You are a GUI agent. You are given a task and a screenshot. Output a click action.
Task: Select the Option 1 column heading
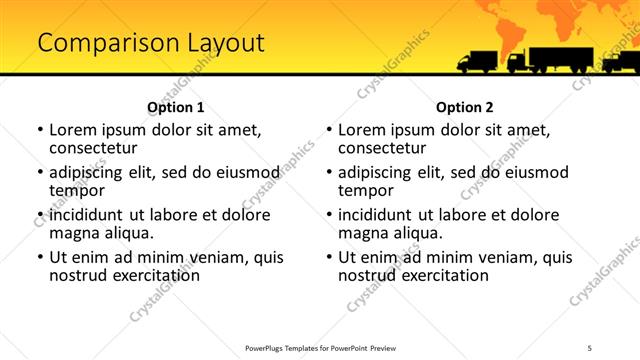pyautogui.click(x=175, y=107)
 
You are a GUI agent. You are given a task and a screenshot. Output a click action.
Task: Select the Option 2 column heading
pyautogui.click(x=464, y=107)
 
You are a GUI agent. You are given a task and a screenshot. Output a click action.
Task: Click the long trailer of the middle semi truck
pyautogui.click(x=562, y=58)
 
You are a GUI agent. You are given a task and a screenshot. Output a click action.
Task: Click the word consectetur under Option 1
pyautogui.click(x=97, y=148)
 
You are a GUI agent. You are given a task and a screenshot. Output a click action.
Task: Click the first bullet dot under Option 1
pyautogui.click(x=40, y=131)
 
